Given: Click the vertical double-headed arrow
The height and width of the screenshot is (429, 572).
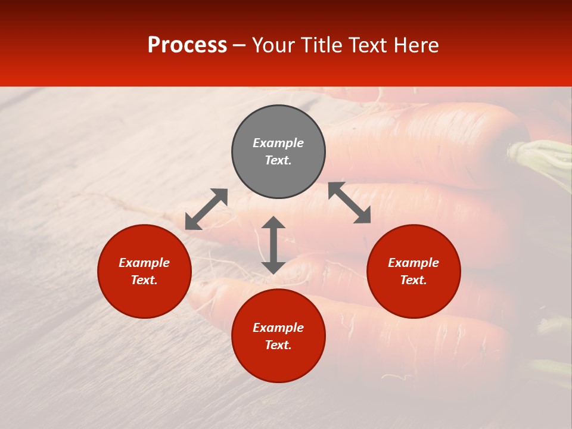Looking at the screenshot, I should [x=273, y=245].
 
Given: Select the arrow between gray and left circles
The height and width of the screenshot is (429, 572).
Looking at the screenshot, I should [x=206, y=209].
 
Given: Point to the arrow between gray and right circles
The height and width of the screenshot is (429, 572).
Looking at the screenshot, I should [x=350, y=203].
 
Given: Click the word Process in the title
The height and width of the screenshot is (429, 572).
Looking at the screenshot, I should [x=187, y=45].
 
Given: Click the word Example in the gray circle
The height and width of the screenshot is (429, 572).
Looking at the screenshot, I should [x=278, y=143].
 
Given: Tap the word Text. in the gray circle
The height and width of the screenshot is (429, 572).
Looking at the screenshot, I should [x=278, y=160].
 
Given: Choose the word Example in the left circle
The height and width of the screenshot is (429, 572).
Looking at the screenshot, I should [x=144, y=263].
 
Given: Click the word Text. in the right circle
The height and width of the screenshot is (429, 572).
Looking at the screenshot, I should [x=414, y=280].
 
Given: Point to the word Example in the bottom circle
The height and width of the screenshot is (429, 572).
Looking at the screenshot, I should [x=278, y=328].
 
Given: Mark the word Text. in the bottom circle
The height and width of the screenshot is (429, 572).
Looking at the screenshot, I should [x=278, y=345].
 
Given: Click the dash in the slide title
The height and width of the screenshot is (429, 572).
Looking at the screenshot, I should [x=240, y=46].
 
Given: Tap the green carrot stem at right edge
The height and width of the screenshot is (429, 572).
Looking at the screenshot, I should [x=545, y=155].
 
